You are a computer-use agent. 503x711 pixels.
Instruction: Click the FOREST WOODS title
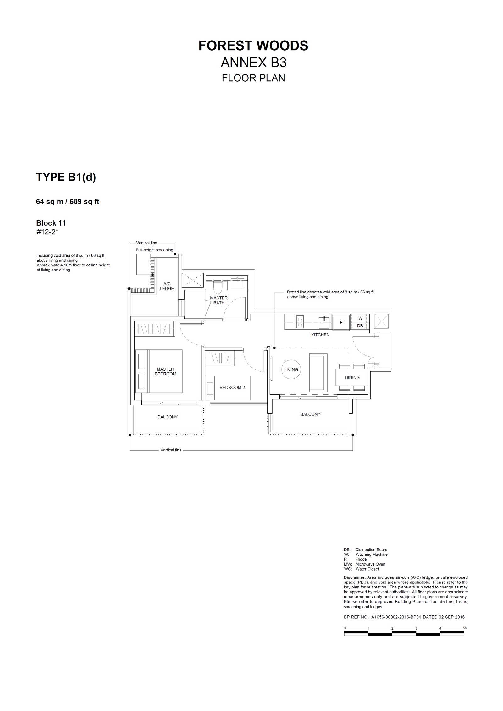(253, 46)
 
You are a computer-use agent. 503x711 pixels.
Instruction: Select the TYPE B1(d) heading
(66, 177)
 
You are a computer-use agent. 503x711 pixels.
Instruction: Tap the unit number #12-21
(48, 232)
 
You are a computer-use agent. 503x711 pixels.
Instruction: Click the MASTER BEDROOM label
(165, 371)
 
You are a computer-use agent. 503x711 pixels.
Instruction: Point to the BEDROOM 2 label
(232, 387)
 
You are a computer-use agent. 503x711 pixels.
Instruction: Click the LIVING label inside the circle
(291, 369)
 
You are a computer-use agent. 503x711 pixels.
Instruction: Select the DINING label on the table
(352, 377)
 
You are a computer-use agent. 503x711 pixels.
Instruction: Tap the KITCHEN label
(320, 335)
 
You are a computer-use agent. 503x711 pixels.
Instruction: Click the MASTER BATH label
(219, 300)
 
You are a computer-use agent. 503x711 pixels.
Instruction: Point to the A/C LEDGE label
(167, 286)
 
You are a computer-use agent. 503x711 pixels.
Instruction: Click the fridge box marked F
(341, 323)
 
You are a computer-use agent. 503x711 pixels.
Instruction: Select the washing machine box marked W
(360, 318)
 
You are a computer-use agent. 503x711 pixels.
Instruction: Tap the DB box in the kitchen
(360, 326)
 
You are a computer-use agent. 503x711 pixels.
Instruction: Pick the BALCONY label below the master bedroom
(168, 417)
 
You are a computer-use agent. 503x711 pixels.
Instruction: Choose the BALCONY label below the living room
(310, 414)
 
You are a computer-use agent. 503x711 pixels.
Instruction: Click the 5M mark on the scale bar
(465, 628)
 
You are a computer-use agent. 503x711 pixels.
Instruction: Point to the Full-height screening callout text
(154, 250)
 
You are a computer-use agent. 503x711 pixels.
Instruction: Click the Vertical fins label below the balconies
(171, 450)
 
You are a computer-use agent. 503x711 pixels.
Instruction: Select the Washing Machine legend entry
(366, 555)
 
